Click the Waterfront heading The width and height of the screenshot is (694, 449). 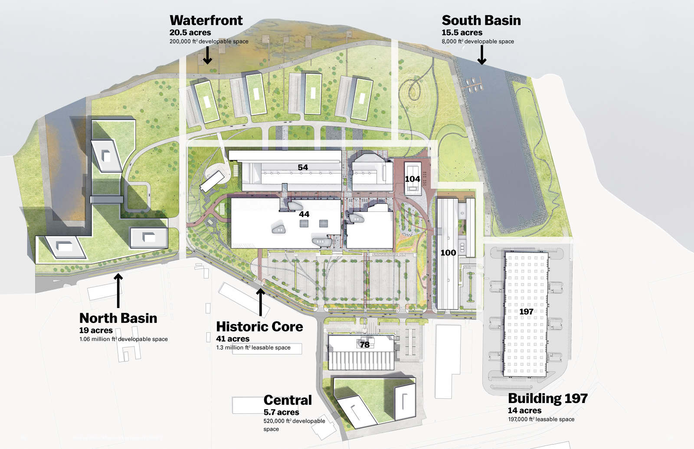pyautogui.click(x=206, y=20)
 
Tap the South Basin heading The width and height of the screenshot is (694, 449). pyautogui.click(x=481, y=20)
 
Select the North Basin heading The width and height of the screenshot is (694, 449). pyautogui.click(x=118, y=318)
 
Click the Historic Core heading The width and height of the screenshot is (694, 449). pyautogui.click(x=259, y=327)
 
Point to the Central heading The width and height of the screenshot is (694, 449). pyautogui.click(x=288, y=400)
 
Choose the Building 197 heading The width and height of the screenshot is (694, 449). pyautogui.click(x=547, y=398)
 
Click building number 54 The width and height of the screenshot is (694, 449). pyautogui.click(x=303, y=167)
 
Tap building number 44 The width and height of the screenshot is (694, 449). pyautogui.click(x=304, y=214)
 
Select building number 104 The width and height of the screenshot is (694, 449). pyautogui.click(x=412, y=179)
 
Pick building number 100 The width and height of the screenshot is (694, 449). pyautogui.click(x=448, y=252)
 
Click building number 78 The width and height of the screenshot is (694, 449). pyautogui.click(x=365, y=344)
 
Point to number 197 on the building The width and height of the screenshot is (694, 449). pyautogui.click(x=526, y=311)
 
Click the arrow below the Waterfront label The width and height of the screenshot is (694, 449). pyautogui.click(x=208, y=56)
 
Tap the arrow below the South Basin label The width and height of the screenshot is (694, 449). pyautogui.click(x=481, y=56)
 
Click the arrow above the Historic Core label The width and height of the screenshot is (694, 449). pyautogui.click(x=260, y=302)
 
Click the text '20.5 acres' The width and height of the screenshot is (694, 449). pyautogui.click(x=190, y=33)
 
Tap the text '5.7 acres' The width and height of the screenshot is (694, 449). pyautogui.click(x=281, y=412)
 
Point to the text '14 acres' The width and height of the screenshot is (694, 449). pyautogui.click(x=524, y=410)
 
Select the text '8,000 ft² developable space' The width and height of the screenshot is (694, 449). pyautogui.click(x=478, y=42)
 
